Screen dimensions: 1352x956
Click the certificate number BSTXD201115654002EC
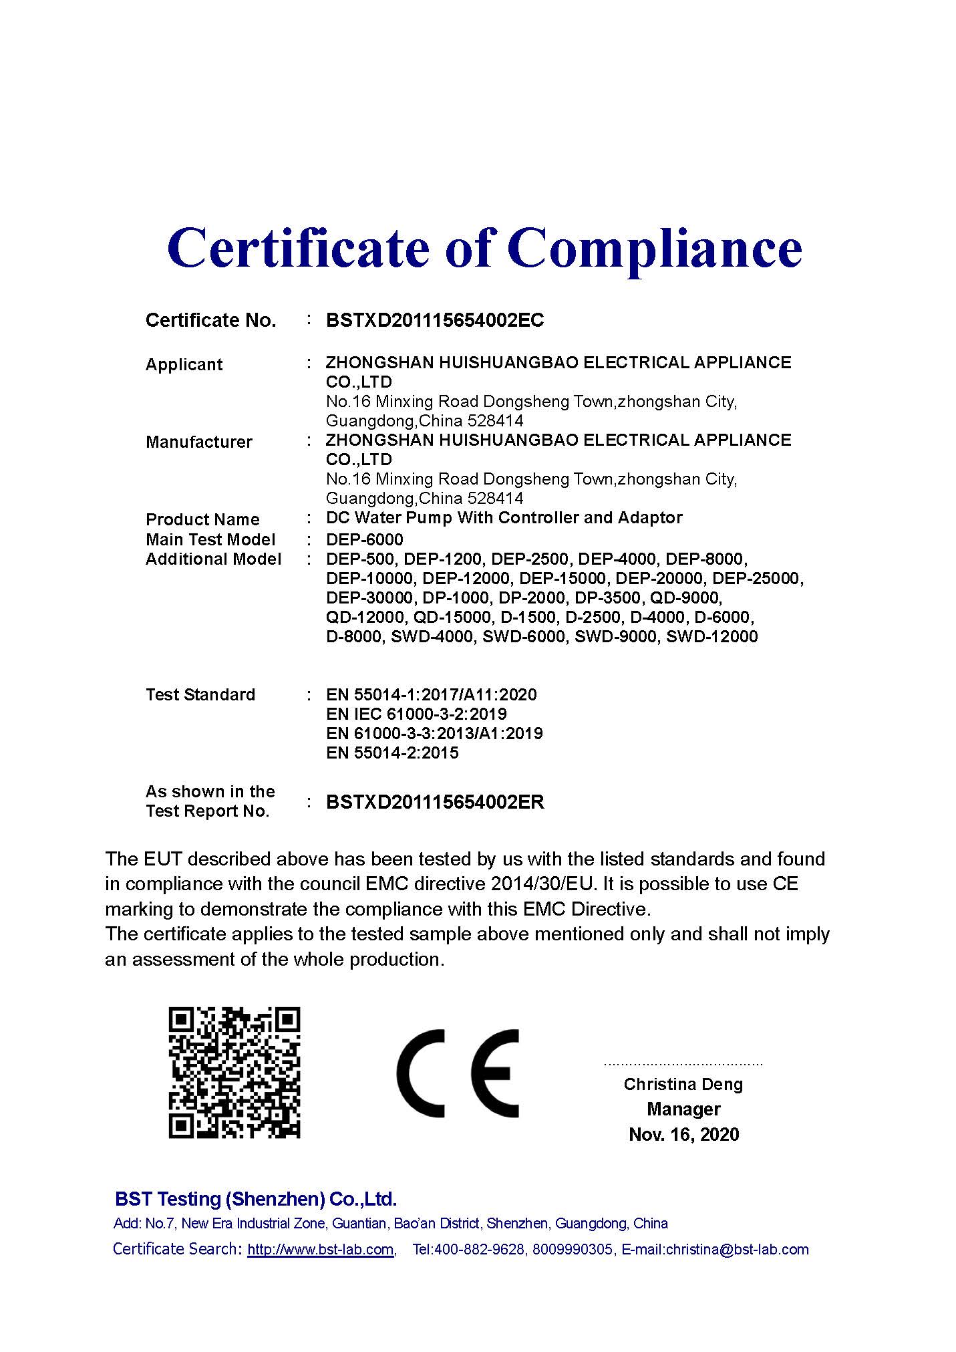(x=435, y=321)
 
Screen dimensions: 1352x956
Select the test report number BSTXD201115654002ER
(x=435, y=802)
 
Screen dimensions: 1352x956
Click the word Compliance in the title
(x=654, y=249)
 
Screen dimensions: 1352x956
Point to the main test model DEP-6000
(x=365, y=539)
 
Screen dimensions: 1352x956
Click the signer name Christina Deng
(x=683, y=1084)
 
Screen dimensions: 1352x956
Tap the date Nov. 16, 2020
(x=683, y=1134)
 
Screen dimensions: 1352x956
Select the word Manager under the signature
(x=683, y=1109)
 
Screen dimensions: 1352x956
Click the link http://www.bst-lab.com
(x=320, y=1250)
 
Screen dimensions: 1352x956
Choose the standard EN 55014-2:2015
(x=392, y=753)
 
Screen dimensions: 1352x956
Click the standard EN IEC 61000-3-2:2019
(x=416, y=714)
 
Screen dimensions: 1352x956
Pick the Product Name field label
(x=202, y=519)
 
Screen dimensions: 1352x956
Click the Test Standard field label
(x=200, y=695)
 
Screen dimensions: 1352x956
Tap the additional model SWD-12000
(x=712, y=636)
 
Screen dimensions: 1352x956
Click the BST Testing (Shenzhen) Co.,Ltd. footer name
(x=256, y=1199)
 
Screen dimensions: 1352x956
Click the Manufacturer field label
(x=199, y=442)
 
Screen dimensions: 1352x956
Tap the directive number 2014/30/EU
(x=542, y=884)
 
